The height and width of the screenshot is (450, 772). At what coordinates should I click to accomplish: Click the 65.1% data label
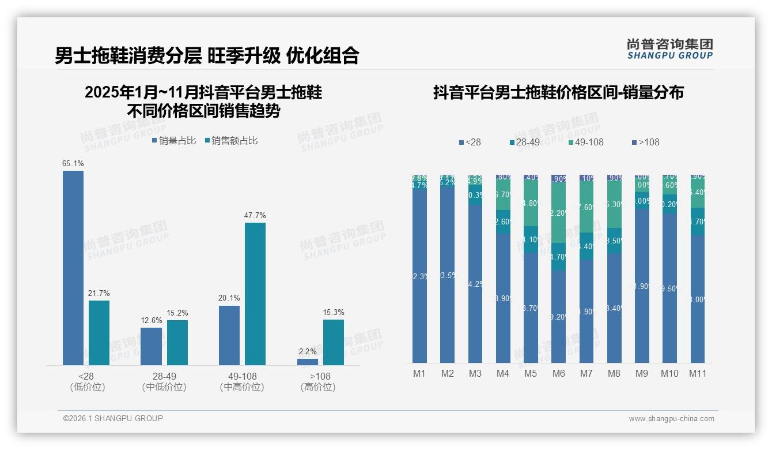(73, 164)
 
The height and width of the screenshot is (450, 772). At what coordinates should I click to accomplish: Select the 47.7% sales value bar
(255, 294)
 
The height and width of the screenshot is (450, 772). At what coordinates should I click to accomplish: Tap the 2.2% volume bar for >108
(308, 362)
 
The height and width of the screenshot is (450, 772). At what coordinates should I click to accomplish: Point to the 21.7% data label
(99, 294)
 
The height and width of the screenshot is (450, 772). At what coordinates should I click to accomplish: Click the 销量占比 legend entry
(174, 141)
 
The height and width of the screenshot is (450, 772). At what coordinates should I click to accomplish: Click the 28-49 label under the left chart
(164, 376)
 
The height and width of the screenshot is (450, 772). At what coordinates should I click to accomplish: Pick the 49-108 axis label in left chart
(242, 376)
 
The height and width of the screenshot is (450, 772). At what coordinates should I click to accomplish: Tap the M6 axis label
(558, 373)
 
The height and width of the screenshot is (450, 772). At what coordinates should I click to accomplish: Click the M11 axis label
(698, 373)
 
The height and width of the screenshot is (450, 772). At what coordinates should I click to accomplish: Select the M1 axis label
(419, 373)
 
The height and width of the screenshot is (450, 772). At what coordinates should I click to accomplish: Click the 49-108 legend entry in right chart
(586, 142)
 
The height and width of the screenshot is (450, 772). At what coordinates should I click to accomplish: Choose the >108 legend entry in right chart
(645, 142)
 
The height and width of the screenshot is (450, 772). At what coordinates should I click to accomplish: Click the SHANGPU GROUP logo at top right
(669, 49)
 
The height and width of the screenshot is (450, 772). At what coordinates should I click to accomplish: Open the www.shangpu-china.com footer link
(671, 419)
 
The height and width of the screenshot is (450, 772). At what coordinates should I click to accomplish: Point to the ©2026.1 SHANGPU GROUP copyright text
(113, 418)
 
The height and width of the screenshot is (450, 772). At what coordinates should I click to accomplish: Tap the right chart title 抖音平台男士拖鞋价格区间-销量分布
(558, 92)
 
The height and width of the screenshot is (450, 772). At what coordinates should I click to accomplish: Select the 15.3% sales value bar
(334, 342)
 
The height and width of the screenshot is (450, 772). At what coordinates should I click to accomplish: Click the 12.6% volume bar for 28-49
(152, 346)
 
